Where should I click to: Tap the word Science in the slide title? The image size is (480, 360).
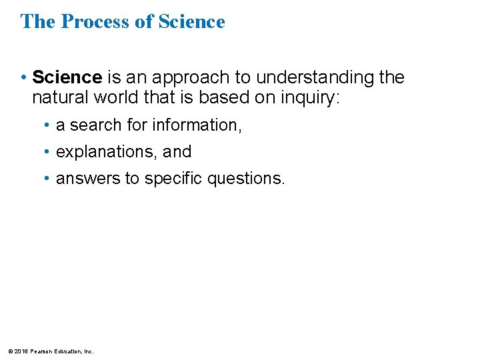point(192,21)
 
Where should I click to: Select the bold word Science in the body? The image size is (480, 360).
point(67,78)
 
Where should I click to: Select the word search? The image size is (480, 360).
point(92,125)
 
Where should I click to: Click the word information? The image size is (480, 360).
point(197,125)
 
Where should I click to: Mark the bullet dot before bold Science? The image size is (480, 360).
point(24,78)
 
